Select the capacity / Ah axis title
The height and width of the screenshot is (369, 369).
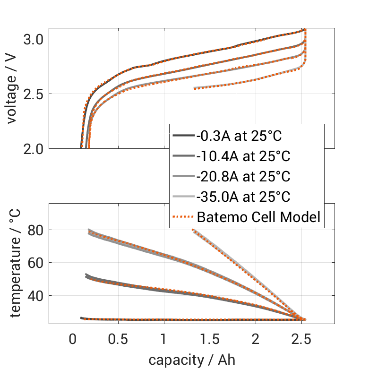(191, 360)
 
